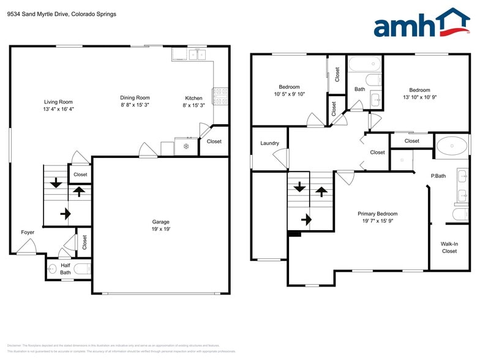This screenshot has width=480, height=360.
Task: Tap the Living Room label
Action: point(58,102)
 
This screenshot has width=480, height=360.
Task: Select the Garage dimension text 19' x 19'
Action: point(161,229)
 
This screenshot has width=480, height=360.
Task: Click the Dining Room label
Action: point(135,97)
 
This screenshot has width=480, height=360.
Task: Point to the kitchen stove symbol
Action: point(220,96)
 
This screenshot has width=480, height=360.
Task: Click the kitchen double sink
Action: point(197,55)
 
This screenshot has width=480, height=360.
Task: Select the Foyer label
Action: point(28,232)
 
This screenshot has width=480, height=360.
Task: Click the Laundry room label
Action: point(269,143)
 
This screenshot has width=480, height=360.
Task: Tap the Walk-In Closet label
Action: point(449,247)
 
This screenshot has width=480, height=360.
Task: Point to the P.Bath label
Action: point(438,176)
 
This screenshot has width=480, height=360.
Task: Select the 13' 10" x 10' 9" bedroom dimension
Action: point(420,97)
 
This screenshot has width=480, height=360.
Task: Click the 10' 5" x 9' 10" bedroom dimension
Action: point(290,94)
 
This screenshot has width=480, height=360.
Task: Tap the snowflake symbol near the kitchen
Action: point(186,147)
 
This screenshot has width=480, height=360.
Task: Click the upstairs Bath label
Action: point(359,89)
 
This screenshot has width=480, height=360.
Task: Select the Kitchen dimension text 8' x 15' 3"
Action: point(193,105)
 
